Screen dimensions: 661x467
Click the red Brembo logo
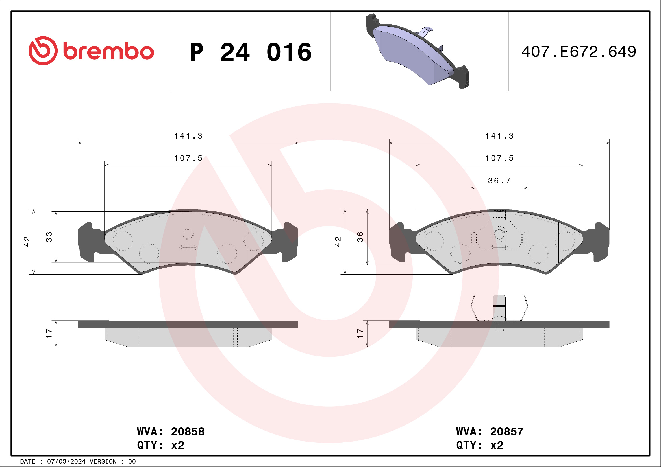(91, 51)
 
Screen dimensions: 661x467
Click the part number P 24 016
(251, 52)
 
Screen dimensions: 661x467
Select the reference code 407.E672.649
(579, 52)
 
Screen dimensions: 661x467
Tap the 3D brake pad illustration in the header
(418, 51)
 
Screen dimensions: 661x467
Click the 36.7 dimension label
(499, 181)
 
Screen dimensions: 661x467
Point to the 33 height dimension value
(49, 237)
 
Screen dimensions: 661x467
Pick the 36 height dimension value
(360, 237)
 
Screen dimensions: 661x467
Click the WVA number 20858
(188, 432)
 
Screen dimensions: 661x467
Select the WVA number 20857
(507, 432)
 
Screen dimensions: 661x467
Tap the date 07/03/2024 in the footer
(66, 462)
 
